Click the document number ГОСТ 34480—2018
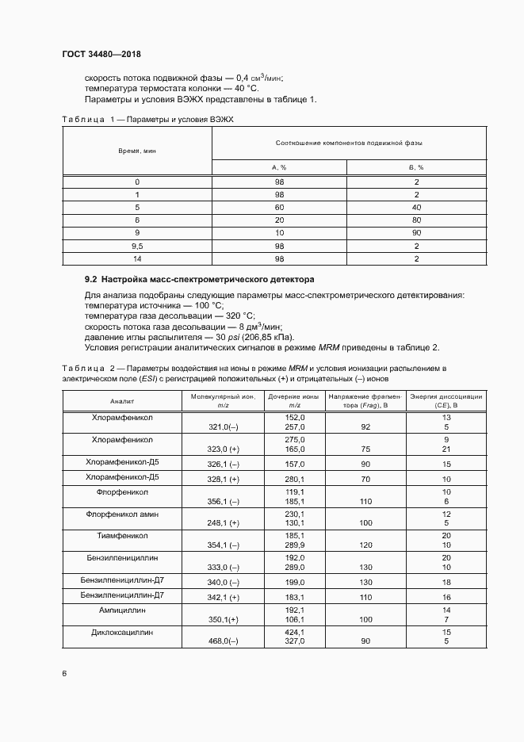coord(101,54)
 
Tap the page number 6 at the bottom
coord(64,673)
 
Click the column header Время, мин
coord(137,150)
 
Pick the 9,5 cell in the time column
coord(137,246)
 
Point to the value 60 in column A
coord(279,207)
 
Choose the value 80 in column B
coord(416,220)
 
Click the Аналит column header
coord(122,401)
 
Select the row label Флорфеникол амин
coord(122,514)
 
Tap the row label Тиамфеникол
coord(122,536)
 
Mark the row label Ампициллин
coord(122,610)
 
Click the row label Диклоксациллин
coord(122,633)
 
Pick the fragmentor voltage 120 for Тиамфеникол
coord(343,546)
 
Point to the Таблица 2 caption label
coord(83,369)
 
